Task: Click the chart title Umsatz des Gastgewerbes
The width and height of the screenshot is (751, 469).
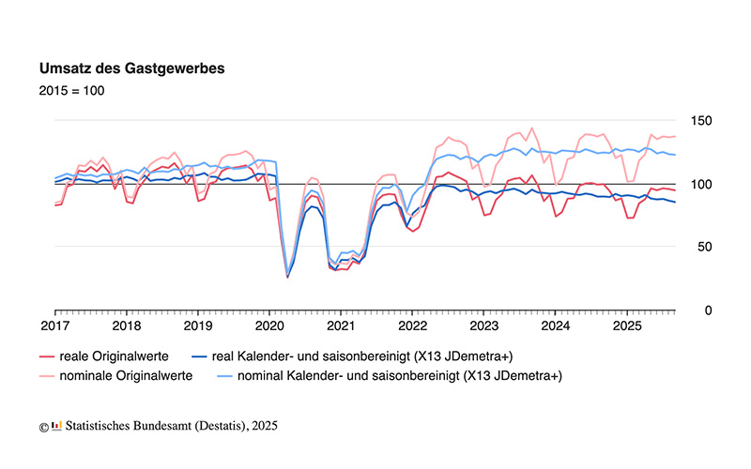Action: pos(130,68)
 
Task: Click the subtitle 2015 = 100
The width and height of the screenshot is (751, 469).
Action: pos(71,91)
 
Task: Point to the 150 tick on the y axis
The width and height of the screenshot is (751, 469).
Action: pos(700,120)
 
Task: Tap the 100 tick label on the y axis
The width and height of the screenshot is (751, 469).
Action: pos(700,184)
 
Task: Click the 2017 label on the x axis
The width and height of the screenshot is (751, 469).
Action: pos(55,326)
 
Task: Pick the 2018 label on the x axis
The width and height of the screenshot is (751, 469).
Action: pos(127,326)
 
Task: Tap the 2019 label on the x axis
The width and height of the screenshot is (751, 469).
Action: pos(198,326)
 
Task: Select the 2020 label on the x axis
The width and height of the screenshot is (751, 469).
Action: pos(269,326)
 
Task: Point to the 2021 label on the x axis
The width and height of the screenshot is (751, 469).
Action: pos(341,326)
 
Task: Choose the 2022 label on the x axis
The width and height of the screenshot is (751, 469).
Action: pos(412,326)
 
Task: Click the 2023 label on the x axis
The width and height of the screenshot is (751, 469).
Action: pos(483,326)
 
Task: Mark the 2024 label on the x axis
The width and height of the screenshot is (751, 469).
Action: pos(555,326)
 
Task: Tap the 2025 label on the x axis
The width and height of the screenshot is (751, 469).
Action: pos(626,326)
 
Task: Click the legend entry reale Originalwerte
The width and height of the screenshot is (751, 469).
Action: pos(110,356)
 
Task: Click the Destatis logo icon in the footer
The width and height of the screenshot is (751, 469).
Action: pos(56,426)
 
